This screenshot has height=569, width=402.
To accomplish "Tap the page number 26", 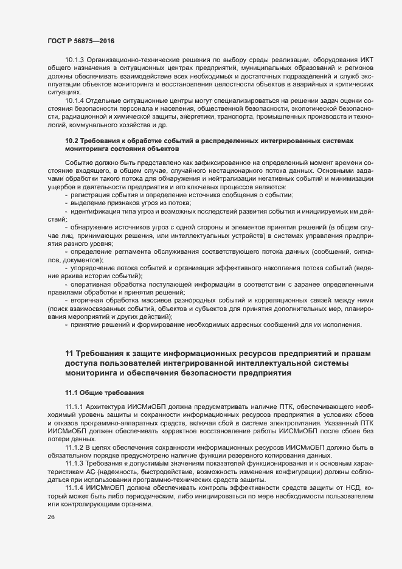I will tap(51, 517).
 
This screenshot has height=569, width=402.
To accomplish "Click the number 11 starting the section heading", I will tap(69, 354).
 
